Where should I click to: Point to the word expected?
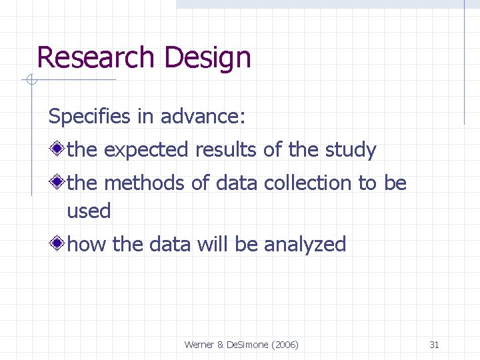(x=146, y=151)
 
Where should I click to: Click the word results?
(x=227, y=150)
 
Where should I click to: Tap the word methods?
(x=145, y=183)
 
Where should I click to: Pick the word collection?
(x=307, y=183)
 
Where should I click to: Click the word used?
(x=89, y=211)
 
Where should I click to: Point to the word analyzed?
(x=305, y=245)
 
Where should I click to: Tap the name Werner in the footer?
(x=199, y=345)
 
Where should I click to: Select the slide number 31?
(x=434, y=345)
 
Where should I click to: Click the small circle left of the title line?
(x=29, y=81)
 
